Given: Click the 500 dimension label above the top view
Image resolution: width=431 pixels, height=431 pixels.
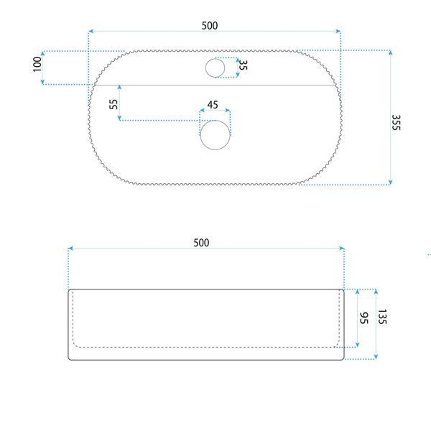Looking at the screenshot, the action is pos(210,26).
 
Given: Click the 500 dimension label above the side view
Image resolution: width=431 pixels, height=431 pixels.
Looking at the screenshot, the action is pos(201,243).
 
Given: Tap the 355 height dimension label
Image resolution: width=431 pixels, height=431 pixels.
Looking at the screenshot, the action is pos(396,123).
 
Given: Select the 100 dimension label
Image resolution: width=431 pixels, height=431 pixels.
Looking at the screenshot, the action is pos(37,65).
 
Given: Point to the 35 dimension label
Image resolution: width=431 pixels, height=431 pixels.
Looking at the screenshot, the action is pos(243,65).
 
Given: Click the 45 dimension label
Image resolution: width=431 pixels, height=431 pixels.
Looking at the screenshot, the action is pos(213,105).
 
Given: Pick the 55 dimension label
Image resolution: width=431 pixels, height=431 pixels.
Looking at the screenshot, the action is pos(113,104).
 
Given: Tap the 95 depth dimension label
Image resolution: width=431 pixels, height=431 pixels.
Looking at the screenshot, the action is pos(364,318).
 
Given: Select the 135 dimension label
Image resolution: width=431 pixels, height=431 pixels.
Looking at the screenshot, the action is pos(382,317).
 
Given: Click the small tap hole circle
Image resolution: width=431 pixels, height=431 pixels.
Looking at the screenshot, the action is pos(215,68).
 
